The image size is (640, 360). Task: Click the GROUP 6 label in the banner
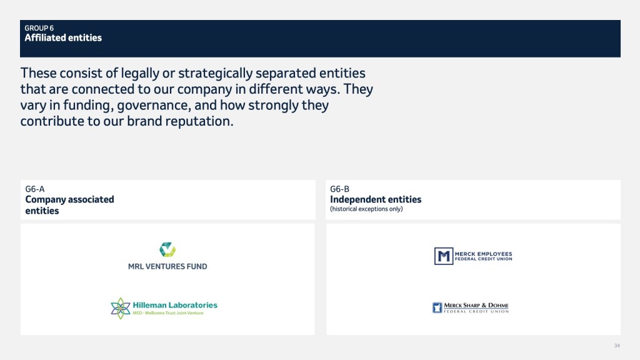[39, 28]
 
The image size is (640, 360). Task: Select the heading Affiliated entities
[63, 38]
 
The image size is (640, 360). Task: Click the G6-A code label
[35, 189]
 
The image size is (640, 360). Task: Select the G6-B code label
[339, 189]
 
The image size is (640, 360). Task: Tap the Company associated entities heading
[69, 205]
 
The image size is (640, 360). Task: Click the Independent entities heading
[376, 199]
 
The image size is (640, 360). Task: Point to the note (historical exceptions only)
[366, 209]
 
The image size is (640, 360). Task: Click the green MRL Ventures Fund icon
[167, 249]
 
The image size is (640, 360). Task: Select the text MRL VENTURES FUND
[167, 266]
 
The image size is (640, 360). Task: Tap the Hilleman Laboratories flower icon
[121, 308]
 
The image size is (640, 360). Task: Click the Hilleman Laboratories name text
[175, 305]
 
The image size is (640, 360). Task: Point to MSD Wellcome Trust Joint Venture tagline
[168, 313]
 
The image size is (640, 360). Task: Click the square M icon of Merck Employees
[444, 256]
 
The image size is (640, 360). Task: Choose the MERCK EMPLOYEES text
[484, 254]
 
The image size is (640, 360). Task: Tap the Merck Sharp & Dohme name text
[476, 305]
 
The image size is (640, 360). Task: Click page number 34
[617, 346]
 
